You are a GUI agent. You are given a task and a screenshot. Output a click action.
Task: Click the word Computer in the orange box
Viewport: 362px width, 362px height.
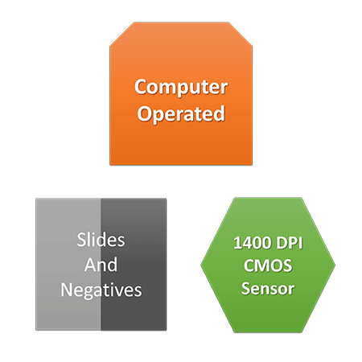[181, 88]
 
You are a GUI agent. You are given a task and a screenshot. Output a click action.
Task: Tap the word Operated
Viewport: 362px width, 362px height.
[181, 114]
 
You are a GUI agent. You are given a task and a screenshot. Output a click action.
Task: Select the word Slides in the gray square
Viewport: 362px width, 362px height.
[101, 240]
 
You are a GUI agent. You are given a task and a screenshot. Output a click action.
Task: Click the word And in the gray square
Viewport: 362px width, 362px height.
[101, 265]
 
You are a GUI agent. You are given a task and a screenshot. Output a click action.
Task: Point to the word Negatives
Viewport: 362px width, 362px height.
[101, 290]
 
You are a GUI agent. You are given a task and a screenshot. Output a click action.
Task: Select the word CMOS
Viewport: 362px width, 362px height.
[268, 265]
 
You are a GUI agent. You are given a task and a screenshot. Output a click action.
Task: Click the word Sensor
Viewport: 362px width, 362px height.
[268, 289]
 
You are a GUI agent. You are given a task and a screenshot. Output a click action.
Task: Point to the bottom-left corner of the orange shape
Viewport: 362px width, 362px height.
[110, 165]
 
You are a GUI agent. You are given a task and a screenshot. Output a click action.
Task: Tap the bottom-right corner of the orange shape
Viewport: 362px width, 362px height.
[253, 165]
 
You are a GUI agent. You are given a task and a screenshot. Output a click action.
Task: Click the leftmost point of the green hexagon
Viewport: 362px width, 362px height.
[200, 265]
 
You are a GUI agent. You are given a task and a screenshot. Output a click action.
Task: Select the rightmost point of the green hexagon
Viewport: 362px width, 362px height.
[335, 265]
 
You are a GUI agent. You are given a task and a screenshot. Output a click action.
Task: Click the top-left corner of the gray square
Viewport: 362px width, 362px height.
[36, 199]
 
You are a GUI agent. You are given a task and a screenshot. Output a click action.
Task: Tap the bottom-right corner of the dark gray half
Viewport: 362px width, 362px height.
[167, 330]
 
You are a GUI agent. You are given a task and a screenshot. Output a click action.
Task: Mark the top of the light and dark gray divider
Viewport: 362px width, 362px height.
[101, 199]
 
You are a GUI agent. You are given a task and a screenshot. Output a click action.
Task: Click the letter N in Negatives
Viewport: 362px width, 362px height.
[66, 290]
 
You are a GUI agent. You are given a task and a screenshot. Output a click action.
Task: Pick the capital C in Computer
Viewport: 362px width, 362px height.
[140, 87]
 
